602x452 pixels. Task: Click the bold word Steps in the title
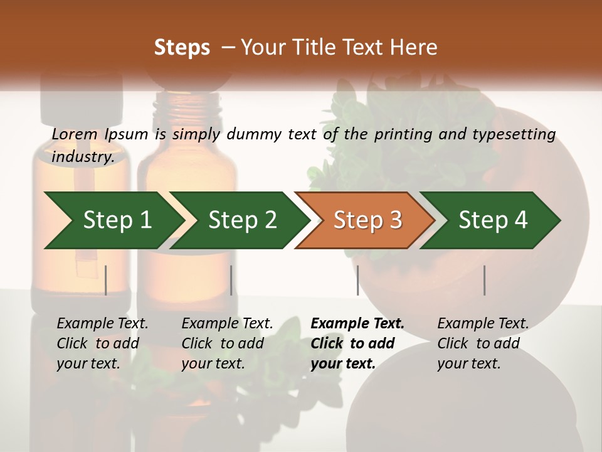(182, 48)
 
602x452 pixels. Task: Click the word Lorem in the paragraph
(75, 134)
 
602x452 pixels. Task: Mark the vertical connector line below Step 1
(106, 280)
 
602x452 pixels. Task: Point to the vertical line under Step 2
(231, 280)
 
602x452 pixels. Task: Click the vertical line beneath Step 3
(357, 280)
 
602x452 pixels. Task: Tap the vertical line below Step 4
(484, 280)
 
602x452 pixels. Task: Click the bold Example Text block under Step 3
(357, 343)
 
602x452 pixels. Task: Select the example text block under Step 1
(102, 343)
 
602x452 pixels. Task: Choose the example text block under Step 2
(227, 343)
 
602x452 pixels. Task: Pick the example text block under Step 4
(483, 343)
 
